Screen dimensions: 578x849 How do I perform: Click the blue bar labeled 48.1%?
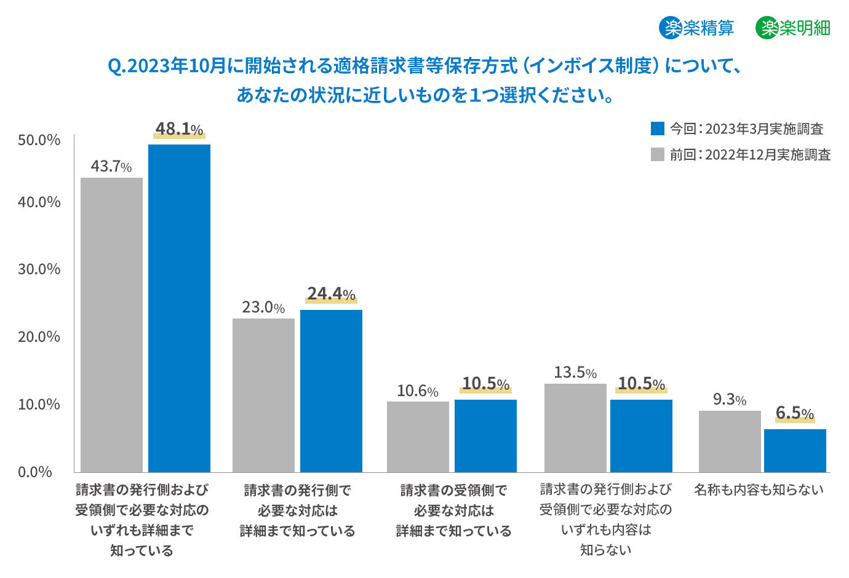point(179,307)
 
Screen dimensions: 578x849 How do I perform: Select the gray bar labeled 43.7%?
point(111,325)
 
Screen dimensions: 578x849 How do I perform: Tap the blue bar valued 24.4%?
point(331,390)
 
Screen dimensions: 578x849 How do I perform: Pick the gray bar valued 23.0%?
point(263,395)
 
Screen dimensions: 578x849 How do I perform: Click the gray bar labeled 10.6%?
point(418,437)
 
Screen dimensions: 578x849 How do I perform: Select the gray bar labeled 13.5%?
point(575,427)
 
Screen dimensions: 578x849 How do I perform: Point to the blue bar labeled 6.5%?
point(795,450)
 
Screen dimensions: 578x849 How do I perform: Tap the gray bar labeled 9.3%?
point(730,441)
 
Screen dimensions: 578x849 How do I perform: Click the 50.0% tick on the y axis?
point(39,140)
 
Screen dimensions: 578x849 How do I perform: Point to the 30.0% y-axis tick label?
point(39,269)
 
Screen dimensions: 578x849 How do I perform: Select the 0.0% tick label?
point(35,472)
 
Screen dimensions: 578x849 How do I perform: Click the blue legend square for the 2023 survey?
point(658,129)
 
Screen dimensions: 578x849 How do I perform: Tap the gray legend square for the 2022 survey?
point(658,154)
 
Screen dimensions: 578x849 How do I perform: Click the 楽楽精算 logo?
point(696,28)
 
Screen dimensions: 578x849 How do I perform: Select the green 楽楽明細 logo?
point(793,28)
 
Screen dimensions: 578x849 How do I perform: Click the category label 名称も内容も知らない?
point(759,490)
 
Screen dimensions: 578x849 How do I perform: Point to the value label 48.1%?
point(179,129)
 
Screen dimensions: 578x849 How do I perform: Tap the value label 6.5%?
point(795,413)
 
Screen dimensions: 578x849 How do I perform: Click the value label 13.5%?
point(575,373)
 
